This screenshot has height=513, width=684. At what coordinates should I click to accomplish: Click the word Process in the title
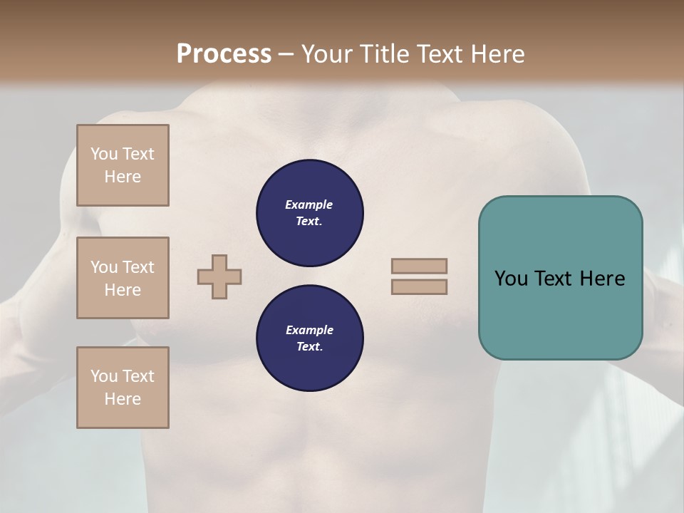(x=224, y=54)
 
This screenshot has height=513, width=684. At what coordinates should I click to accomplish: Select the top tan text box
(x=123, y=165)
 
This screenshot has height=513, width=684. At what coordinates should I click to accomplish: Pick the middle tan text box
(x=123, y=278)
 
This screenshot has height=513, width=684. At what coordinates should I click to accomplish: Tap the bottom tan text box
(x=123, y=388)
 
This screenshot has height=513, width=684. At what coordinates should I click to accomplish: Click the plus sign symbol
(x=219, y=276)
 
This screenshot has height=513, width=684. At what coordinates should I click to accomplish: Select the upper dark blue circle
(x=310, y=213)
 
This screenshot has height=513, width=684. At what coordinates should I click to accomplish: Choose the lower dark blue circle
(x=310, y=338)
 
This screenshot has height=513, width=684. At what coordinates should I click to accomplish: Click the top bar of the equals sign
(x=419, y=266)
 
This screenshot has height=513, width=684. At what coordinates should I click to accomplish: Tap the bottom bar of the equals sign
(x=419, y=286)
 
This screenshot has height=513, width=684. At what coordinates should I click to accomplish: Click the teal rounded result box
(x=560, y=278)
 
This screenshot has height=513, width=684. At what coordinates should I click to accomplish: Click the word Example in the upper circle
(x=309, y=204)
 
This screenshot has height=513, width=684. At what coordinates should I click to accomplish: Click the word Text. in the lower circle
(x=309, y=347)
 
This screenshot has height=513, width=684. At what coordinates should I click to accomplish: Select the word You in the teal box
(x=511, y=279)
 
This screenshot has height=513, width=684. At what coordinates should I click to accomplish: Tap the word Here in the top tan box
(x=123, y=177)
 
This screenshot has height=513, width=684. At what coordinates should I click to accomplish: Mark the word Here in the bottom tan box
(x=123, y=399)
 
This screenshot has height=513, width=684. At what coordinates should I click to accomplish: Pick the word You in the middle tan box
(x=103, y=267)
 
